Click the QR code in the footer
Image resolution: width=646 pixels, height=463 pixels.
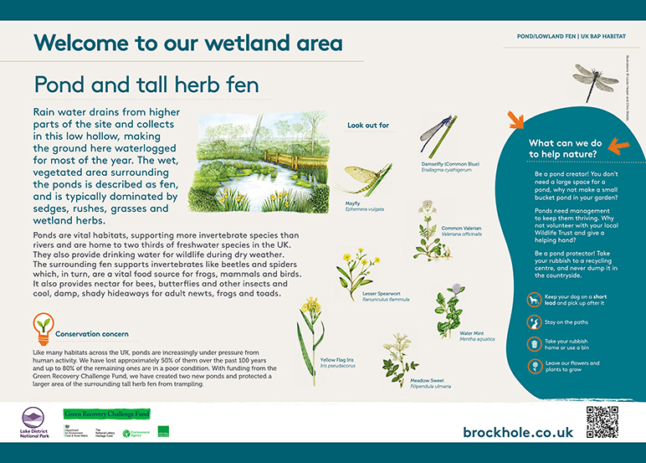point(602,422)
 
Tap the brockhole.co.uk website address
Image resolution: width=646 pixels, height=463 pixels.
point(517,432)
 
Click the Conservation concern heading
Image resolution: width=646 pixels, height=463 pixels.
point(103,333)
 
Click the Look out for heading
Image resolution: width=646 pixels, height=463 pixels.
point(368,126)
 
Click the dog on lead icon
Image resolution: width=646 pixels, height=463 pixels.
point(533,300)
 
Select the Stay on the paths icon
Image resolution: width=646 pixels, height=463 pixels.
point(533,322)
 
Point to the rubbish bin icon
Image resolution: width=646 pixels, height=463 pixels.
point(533,343)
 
